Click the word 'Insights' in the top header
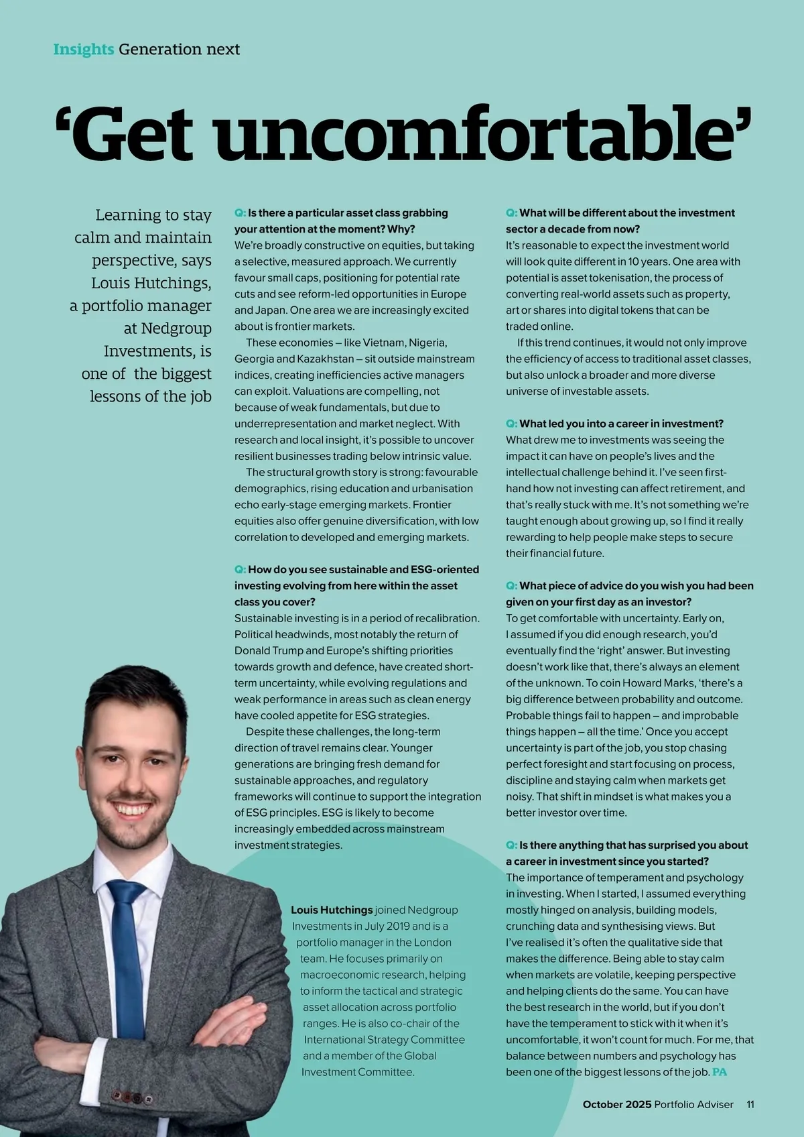point(83,50)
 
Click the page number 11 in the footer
point(750,1104)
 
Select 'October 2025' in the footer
point(616,1104)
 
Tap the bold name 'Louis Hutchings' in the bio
point(332,910)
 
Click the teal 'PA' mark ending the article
point(720,1072)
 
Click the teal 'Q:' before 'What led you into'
point(511,424)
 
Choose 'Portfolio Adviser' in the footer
point(693,1104)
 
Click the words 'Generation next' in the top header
point(179,50)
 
